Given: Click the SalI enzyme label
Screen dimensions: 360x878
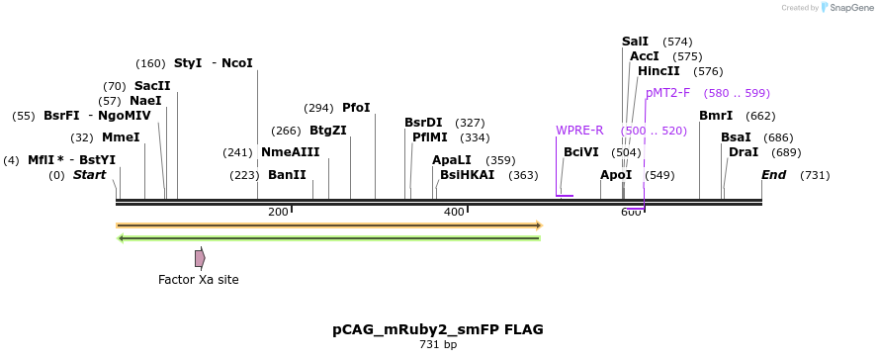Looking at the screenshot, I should [x=635, y=42].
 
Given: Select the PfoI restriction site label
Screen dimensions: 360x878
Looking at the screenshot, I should [x=356, y=108].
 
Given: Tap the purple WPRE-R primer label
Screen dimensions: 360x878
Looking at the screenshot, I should [x=579, y=131].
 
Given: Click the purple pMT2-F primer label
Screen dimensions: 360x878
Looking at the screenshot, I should [x=667, y=93].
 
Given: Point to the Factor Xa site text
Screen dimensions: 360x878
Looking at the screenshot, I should [x=198, y=280].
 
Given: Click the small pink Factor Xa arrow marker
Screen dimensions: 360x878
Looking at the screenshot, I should [x=200, y=258].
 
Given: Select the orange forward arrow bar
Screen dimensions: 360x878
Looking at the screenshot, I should [x=328, y=225].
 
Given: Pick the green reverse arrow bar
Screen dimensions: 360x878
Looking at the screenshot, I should [x=328, y=238].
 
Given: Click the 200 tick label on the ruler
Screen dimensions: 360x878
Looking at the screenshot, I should [x=278, y=212].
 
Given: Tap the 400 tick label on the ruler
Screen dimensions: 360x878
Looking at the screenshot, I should [x=454, y=212].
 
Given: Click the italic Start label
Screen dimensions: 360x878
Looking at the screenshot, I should [x=89, y=175].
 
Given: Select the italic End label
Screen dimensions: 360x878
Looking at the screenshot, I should [x=774, y=175].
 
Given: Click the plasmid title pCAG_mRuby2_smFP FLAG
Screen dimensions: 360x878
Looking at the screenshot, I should [x=438, y=329].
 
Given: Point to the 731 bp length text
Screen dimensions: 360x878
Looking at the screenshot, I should [x=438, y=345].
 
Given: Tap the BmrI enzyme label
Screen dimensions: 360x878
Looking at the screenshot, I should [x=716, y=116].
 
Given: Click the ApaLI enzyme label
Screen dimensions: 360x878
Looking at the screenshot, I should [x=452, y=160].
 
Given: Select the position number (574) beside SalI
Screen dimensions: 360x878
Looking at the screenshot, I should [x=677, y=42].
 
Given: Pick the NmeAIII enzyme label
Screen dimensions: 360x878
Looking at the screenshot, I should [x=291, y=152].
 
